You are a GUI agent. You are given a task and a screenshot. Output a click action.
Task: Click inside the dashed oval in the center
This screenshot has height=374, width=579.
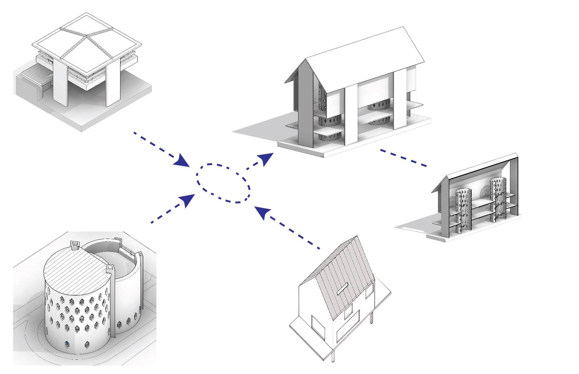(x=223, y=183)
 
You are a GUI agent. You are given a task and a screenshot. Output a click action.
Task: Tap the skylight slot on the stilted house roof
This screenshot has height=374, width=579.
(x=343, y=289)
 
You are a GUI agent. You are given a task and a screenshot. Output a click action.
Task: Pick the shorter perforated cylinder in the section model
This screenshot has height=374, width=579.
(x=463, y=211)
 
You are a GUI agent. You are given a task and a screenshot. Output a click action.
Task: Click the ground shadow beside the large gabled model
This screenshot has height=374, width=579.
(x=259, y=129)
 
